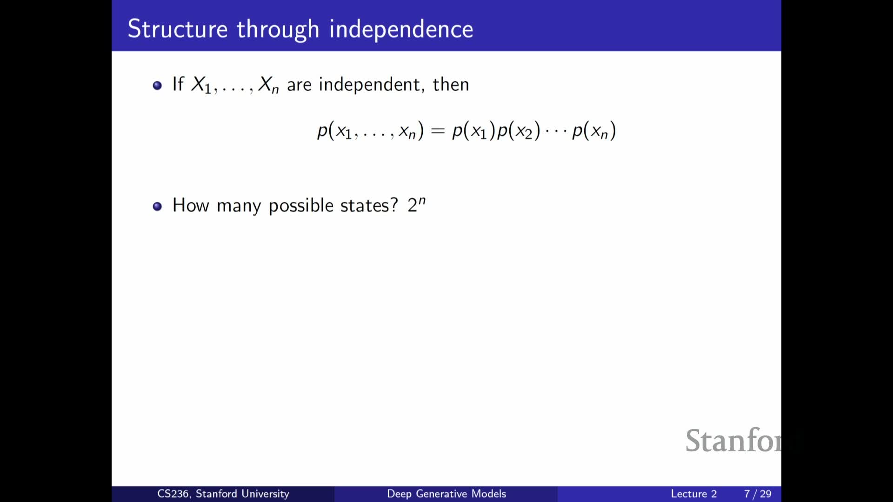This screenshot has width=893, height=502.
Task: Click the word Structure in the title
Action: coord(178,29)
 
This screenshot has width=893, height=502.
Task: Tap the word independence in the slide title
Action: coord(401,29)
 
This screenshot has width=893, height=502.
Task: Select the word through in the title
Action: coord(278,30)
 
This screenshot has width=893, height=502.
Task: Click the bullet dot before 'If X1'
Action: coord(157,86)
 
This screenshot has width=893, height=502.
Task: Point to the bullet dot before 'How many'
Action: coord(157,206)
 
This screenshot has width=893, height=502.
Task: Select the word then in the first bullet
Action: coord(451,85)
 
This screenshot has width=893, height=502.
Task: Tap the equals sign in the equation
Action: coord(438,132)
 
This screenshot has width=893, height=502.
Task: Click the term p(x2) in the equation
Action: coord(519,131)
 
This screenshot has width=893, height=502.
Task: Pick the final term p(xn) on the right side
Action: coord(594,131)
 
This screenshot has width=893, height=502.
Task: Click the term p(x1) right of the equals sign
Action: coord(473,131)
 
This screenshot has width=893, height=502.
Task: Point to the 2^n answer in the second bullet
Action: coord(416,205)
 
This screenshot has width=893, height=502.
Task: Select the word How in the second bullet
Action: coord(191,205)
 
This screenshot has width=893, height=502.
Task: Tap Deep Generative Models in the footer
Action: coord(446,494)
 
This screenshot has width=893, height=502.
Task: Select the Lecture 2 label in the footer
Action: coord(693,494)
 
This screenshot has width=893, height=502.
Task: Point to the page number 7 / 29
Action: coord(758,494)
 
